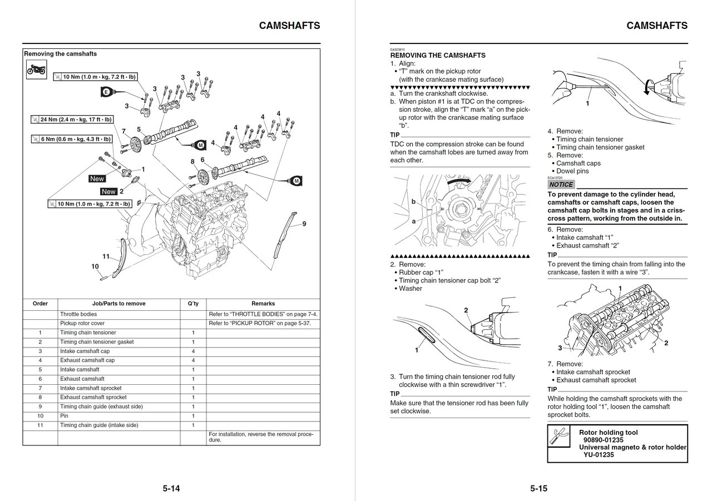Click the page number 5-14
pyautogui.click(x=171, y=489)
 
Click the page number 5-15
pyautogui.click(x=538, y=489)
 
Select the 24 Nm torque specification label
pyautogui.click(x=72, y=120)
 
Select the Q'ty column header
pyautogui.click(x=193, y=304)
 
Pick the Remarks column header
pyautogui.click(x=263, y=304)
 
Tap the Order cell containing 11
pyautogui.click(x=40, y=425)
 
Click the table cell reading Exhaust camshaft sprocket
pyautogui.click(x=93, y=398)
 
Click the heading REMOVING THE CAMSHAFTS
pyautogui.click(x=438, y=56)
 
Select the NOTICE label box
pyautogui.click(x=561, y=185)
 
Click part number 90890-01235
pyautogui.click(x=603, y=440)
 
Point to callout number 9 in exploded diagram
pyautogui.click(x=304, y=224)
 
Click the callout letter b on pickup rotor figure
pyautogui.click(x=413, y=201)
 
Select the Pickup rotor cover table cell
pyautogui.click(x=82, y=323)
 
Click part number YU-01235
pyautogui.click(x=599, y=455)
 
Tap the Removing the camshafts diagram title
pyautogui.click(x=60, y=54)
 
